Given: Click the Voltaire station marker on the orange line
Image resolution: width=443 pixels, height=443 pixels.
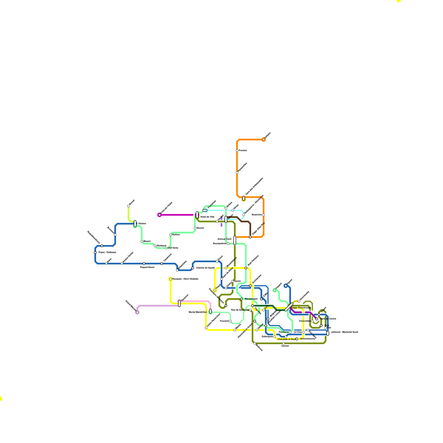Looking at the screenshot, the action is coord(264,140).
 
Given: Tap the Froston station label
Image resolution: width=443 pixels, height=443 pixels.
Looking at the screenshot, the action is coord(243,150).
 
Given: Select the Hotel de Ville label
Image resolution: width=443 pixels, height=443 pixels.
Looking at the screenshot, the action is coord(207,217).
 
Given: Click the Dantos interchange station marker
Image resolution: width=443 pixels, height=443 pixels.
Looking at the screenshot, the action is coord(135,224).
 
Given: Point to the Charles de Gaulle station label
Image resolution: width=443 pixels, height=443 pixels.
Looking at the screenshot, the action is coord(205,268).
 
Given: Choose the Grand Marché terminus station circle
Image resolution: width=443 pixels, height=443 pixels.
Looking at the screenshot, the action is coord(137,312).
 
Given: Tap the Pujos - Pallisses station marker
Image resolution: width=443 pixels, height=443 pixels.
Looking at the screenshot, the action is coord(95,253).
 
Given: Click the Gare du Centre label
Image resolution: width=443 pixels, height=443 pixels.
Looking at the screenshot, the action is coord(328,319).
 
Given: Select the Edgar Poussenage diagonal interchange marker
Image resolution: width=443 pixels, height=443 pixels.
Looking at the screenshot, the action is coord(289,307).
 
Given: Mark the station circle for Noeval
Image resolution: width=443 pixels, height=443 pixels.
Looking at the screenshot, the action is coord(195,228).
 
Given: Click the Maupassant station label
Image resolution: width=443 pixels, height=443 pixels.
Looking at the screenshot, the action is coord(251,299).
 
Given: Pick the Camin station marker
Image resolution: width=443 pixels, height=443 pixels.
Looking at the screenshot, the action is coord(284,343).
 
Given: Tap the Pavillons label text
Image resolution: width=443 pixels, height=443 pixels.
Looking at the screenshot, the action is coord(284,332).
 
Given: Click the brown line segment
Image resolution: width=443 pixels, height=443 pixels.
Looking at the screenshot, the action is coord(244,221).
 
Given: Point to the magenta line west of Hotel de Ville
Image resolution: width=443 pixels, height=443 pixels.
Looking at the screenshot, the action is coord(177,215).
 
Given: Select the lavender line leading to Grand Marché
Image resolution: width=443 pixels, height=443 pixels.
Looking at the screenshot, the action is coord(158,306).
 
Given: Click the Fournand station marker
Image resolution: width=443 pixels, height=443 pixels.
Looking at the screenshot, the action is coord(230,321).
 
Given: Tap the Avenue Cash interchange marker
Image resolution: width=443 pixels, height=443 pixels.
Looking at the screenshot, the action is coord(235,240).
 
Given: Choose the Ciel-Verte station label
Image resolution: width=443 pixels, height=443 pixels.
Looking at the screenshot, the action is coord(173,248).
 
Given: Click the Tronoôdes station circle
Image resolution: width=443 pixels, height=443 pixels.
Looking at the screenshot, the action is coord(312,321).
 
